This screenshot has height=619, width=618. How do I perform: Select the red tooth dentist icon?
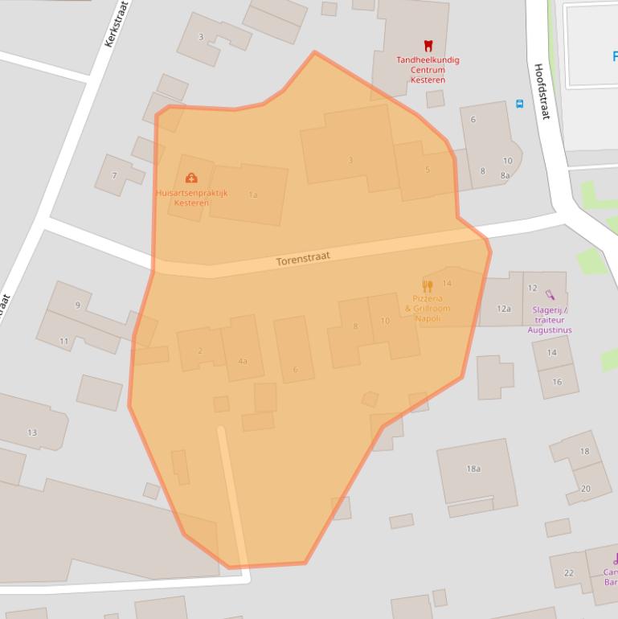428,47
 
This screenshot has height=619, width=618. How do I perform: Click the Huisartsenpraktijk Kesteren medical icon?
191,178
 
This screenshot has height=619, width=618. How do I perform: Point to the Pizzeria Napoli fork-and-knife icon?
428,285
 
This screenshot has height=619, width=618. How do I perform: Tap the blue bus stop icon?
519,104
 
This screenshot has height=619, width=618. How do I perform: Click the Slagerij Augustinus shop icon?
550,295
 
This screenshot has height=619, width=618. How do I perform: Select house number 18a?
473,469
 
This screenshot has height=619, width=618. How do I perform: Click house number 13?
32,432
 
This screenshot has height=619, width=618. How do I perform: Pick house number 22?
569,572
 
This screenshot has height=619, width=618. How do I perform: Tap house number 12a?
503,309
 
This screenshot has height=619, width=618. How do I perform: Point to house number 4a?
243,362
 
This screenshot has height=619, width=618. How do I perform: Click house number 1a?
253,195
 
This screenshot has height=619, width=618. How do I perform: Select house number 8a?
505,175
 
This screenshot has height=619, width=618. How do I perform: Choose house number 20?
585,489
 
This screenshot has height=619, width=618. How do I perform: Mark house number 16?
557,382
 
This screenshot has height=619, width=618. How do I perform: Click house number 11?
64,342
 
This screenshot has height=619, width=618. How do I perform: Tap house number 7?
114,175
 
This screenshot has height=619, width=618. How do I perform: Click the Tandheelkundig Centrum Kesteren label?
428,70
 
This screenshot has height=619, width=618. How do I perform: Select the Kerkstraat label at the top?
117,24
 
